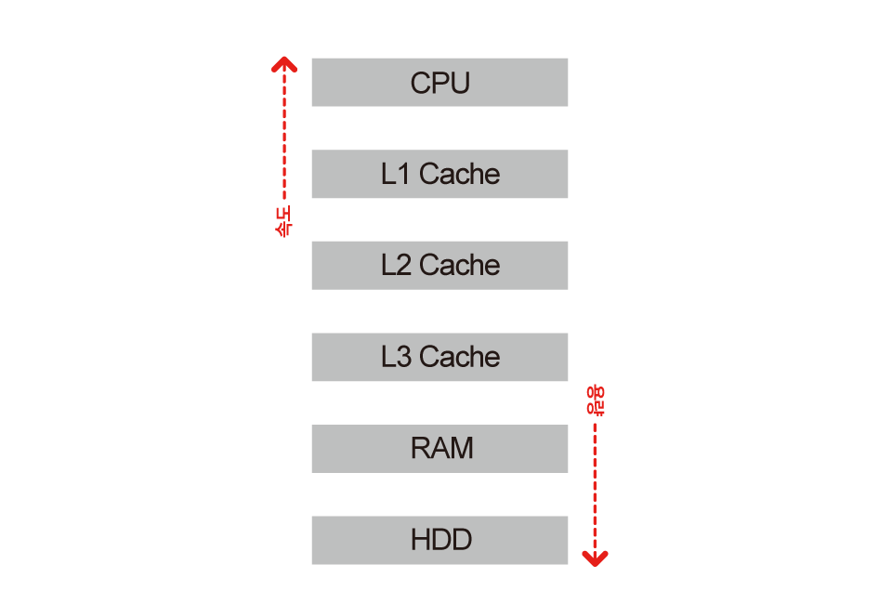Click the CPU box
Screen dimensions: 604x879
[x=439, y=82]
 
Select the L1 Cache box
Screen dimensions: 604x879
[x=439, y=174]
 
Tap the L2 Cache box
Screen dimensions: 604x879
[x=439, y=265]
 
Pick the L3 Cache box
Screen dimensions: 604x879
[x=439, y=357]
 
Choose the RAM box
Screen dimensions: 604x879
[x=439, y=448]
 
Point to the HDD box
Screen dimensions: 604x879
[x=439, y=540]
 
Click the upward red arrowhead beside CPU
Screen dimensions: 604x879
[x=283, y=64]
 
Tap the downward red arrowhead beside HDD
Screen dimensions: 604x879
[x=595, y=557]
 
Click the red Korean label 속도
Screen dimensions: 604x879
[x=283, y=221]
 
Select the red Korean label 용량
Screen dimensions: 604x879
[x=595, y=400]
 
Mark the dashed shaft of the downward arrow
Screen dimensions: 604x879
[x=595, y=483]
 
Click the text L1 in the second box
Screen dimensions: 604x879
[x=395, y=174]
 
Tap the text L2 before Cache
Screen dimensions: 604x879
[x=395, y=265]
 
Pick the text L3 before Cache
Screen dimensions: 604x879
[x=395, y=357]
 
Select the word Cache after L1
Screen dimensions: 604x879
[x=459, y=174]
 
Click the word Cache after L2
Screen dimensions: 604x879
[x=459, y=265]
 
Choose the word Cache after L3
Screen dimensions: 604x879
[x=459, y=357]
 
